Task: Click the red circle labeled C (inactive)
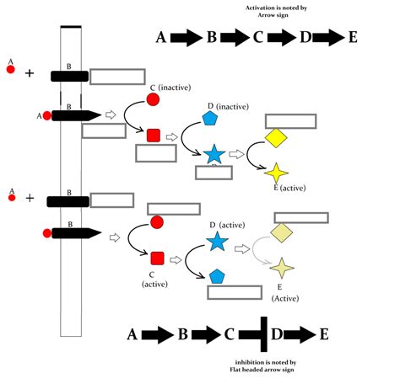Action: point(154,99)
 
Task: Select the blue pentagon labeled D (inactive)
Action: point(211,119)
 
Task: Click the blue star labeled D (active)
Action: point(217,242)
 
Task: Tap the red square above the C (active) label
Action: point(156,258)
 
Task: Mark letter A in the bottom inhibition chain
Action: point(132,335)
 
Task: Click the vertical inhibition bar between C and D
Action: point(264,334)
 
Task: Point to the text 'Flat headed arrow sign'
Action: point(263,369)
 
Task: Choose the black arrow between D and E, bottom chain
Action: point(300,335)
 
